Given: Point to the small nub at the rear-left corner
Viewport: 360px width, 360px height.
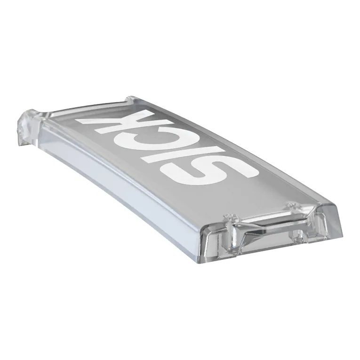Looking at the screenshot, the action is (x=130, y=98).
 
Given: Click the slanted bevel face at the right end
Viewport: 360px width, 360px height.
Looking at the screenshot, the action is (x=331, y=220).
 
